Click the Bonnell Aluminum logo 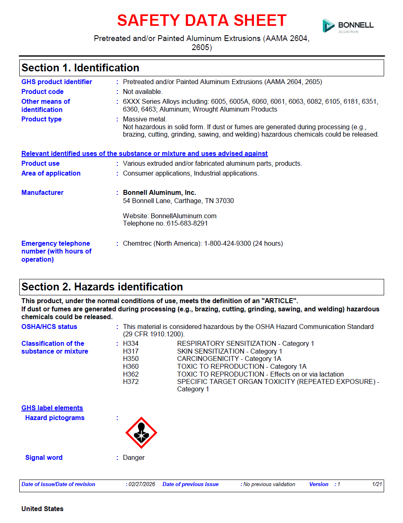tap(348, 25)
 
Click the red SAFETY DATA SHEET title tap(201, 21)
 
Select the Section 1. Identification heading tap(80, 68)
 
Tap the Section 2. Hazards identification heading tap(102, 287)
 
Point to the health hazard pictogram tap(141, 433)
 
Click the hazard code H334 tap(131, 343)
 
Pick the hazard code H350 tap(131, 359)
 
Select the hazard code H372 tap(131, 381)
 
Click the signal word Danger tap(134, 457)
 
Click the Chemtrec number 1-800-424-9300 tap(227, 243)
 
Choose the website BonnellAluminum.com tap(183, 216)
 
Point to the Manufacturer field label tap(42, 192)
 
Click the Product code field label tap(42, 91)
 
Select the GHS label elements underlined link tap(52, 408)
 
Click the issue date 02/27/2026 tap(142, 484)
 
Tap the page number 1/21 tap(377, 484)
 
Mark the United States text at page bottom tap(42, 509)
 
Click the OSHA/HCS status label tap(49, 327)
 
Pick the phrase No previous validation tap(269, 484)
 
